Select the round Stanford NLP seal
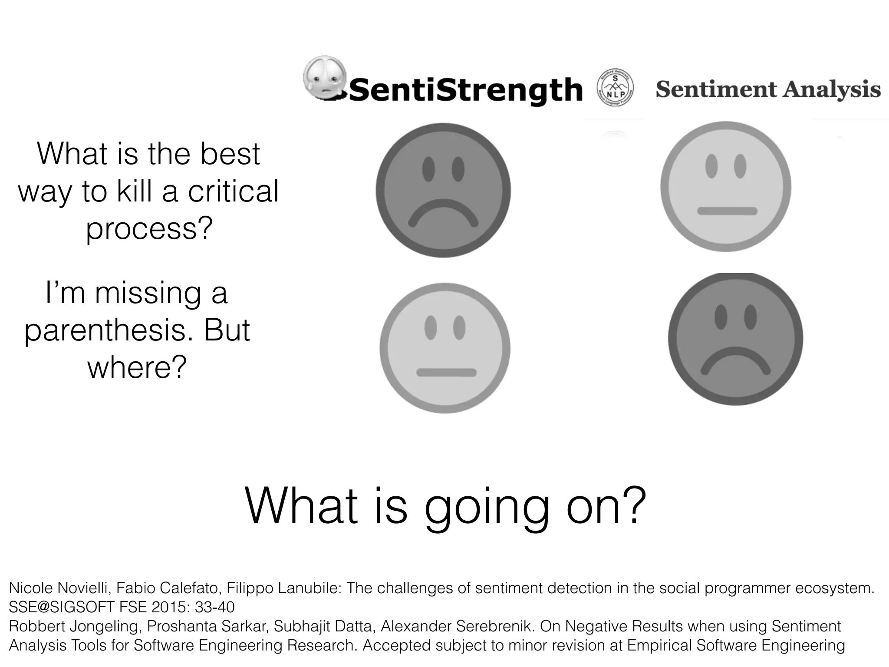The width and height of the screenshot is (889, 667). [615, 89]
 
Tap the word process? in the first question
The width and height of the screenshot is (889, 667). [149, 228]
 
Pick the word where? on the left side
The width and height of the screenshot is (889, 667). [137, 367]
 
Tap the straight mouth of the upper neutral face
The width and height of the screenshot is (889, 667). [727, 211]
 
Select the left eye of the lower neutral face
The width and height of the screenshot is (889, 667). [430, 327]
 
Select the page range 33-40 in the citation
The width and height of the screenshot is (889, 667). [214, 607]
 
